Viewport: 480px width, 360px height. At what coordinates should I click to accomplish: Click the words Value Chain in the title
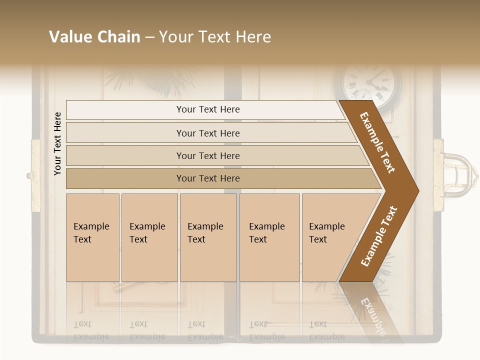pos(94,37)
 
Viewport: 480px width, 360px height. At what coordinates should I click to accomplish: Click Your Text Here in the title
pos(215,37)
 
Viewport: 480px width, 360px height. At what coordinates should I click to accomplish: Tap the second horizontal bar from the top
pos(208,133)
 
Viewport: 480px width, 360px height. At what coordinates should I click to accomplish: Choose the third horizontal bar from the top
pos(208,155)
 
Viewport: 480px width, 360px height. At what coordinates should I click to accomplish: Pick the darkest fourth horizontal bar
pos(208,178)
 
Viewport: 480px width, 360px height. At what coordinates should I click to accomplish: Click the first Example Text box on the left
pos(92,237)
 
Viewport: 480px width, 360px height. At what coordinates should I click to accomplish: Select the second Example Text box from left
pos(149,237)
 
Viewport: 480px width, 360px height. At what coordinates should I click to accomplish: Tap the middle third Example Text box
pos(208,237)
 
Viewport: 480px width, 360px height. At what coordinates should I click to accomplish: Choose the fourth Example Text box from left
pos(269,237)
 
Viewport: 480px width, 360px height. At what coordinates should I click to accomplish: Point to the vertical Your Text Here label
pos(57,143)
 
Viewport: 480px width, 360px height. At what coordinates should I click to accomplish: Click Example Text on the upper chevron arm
pos(377,142)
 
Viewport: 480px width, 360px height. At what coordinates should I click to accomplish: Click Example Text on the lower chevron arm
pos(379,236)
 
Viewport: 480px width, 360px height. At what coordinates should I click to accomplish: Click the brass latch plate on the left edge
pos(35,175)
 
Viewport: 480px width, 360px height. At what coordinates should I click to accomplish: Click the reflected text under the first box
pos(91,330)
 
